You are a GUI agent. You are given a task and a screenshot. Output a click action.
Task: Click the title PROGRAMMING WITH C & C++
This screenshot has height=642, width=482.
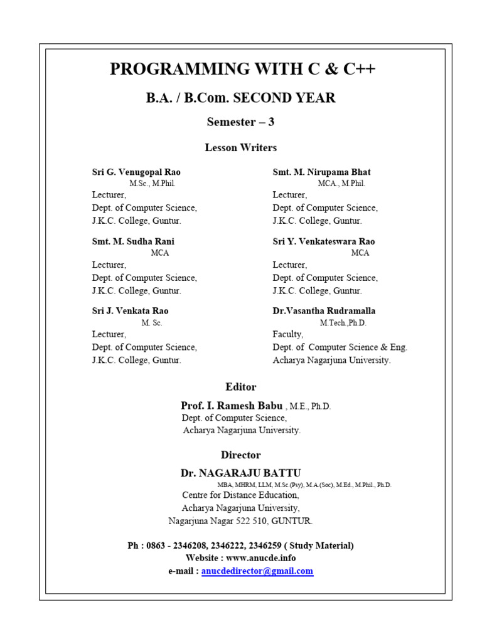(x=242, y=69)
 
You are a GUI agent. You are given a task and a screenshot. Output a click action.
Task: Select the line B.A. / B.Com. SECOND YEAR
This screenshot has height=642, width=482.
(x=241, y=98)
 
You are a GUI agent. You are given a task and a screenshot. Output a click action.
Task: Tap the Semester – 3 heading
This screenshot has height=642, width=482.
(x=240, y=122)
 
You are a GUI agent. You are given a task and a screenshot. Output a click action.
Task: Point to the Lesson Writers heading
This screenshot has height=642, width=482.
(x=240, y=148)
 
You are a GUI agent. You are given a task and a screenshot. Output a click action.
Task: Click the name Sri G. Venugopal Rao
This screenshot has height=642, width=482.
(x=136, y=172)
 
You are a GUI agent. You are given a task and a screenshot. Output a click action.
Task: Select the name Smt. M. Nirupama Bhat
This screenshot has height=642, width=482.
(x=321, y=172)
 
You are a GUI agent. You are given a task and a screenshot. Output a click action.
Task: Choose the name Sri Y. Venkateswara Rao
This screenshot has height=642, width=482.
(x=323, y=241)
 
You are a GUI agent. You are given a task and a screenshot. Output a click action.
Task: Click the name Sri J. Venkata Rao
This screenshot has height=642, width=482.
(x=130, y=311)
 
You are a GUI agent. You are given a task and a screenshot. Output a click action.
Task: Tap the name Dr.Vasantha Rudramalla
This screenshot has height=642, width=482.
(x=324, y=311)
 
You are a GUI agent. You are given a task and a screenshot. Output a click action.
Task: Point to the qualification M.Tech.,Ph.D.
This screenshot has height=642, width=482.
(x=343, y=323)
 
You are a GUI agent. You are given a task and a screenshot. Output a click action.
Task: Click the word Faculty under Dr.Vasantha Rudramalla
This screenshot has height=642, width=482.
(x=287, y=335)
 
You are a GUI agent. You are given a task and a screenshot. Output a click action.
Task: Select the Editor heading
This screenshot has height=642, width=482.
(x=240, y=387)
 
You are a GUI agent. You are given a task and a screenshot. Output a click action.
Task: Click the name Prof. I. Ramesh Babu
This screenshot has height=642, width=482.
(x=232, y=406)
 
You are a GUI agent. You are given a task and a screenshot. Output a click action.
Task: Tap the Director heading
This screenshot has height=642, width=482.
(x=240, y=455)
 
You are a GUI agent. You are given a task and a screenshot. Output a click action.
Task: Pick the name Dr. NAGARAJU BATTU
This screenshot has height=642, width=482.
(x=240, y=473)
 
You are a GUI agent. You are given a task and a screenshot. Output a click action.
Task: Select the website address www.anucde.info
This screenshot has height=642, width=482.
(x=260, y=558)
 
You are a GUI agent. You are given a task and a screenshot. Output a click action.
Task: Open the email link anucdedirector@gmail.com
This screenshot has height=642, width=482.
(x=257, y=571)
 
